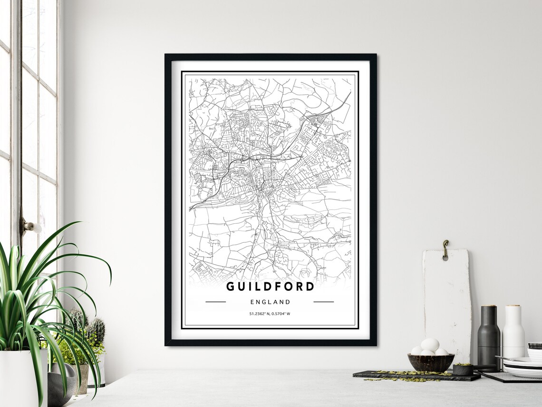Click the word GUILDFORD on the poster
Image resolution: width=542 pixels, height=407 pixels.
pos(270,287)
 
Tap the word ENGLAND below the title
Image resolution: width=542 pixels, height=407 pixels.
pos(270,302)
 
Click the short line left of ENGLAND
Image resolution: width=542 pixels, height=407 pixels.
pos(215,302)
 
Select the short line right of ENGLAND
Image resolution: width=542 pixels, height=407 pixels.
pos(324,302)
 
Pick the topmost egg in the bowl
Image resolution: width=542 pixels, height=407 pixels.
pos(430,345)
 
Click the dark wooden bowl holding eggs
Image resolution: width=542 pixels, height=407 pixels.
pos(431,362)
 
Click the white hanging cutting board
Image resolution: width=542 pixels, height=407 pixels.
pos(447,300)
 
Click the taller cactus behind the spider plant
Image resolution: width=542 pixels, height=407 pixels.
pos(97,331)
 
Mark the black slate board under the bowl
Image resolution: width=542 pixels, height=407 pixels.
pos(416,376)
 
